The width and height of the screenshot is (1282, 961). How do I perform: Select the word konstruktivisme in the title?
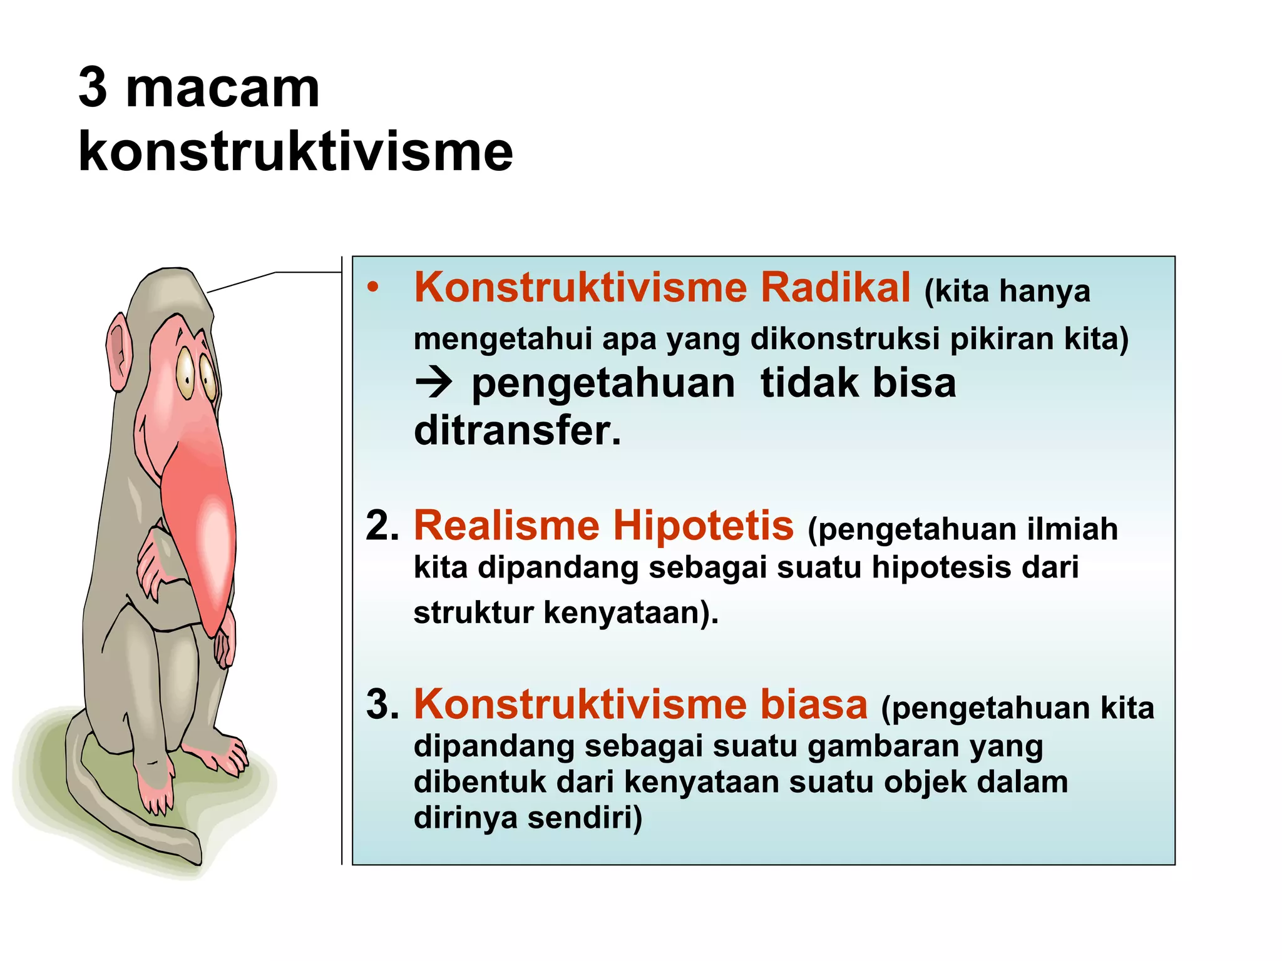[x=295, y=152]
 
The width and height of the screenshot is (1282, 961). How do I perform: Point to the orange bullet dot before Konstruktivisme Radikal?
[x=374, y=288]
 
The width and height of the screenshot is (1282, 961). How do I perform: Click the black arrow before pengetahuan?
[x=433, y=382]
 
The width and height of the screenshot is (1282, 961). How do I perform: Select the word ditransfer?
[x=518, y=431]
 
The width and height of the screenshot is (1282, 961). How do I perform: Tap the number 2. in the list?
[x=382, y=526]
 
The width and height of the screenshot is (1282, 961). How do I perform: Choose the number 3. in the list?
[x=382, y=704]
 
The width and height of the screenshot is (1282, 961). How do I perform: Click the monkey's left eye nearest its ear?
[x=185, y=373]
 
